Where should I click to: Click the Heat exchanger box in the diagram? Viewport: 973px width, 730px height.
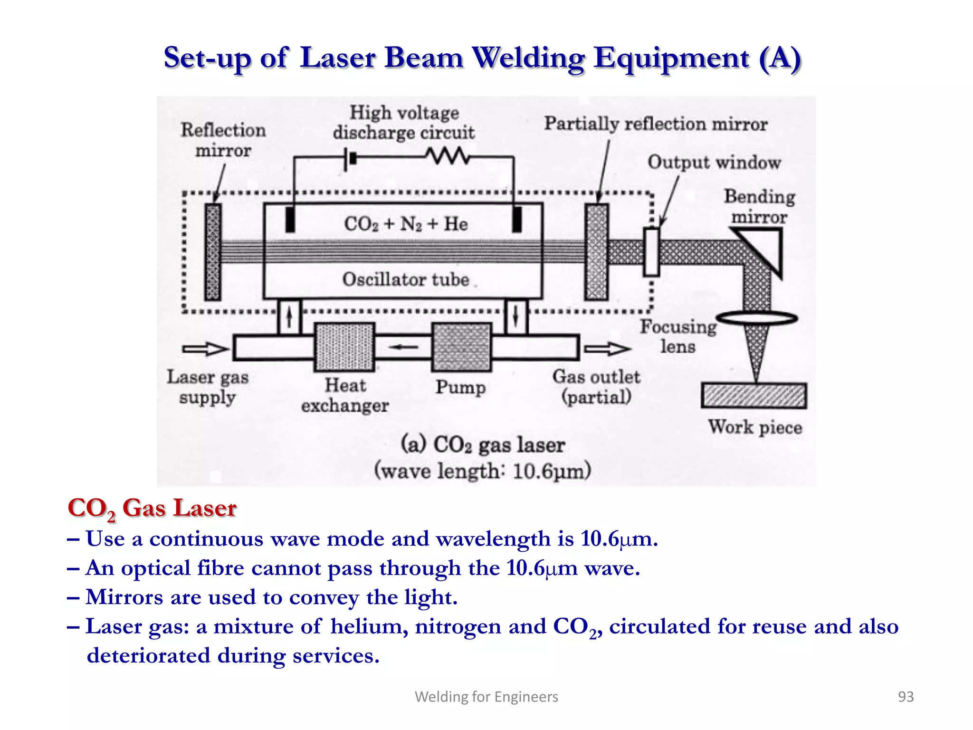coord(344,347)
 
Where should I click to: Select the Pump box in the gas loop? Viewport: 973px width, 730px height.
coord(461,347)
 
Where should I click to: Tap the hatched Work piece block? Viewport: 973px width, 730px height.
coord(754,395)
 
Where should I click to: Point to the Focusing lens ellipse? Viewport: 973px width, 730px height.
coord(756,317)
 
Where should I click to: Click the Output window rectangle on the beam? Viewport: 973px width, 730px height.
coord(651,252)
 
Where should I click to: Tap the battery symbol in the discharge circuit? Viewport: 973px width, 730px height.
coord(351,157)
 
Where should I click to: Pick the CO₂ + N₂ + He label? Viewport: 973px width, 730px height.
coord(406,224)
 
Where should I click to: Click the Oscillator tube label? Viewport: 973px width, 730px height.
coord(406,279)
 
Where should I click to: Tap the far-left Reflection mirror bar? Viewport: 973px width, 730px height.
coord(213,252)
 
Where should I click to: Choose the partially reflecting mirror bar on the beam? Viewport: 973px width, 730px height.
coord(596,252)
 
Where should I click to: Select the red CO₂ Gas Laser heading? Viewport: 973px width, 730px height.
coord(152,508)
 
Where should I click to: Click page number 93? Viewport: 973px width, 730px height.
coord(906,696)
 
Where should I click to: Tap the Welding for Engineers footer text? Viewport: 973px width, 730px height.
coord(486,696)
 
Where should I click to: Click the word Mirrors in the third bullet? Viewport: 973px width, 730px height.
coord(124,597)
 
